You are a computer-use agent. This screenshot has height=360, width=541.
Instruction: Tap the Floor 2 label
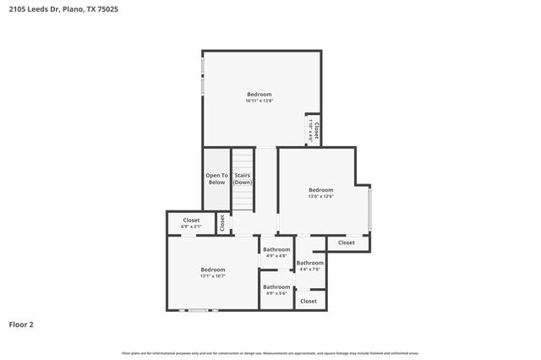21,324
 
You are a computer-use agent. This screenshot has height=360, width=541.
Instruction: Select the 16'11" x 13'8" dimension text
260,101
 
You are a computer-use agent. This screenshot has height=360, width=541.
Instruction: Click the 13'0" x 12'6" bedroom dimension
320,197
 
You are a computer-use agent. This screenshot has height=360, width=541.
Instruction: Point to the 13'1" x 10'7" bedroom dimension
212,276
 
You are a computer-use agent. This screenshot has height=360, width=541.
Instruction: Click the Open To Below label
217,179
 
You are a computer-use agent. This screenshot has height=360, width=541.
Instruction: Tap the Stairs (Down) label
243,179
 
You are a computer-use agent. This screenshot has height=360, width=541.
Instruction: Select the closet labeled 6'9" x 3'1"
191,224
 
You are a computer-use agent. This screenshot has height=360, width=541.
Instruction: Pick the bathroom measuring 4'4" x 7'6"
309,266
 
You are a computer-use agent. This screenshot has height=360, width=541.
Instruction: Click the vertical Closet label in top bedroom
314,129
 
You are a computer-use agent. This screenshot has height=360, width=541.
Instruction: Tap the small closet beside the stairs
222,223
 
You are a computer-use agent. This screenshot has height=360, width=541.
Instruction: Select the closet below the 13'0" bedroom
347,243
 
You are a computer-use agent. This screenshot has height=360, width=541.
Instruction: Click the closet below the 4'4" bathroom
309,301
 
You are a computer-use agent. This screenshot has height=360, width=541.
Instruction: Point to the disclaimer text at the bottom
270,353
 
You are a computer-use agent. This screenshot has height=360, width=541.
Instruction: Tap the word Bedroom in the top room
260,94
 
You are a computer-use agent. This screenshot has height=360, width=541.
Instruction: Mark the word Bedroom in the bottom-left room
212,270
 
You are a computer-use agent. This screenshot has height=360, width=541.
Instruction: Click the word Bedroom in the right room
320,190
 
